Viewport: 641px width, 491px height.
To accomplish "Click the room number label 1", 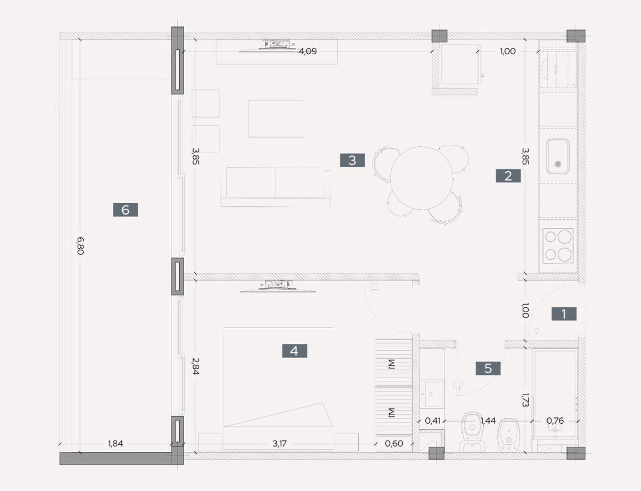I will (x=564, y=314).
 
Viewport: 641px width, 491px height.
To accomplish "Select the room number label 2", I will (x=508, y=175).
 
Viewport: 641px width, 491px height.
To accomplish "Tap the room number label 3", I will (x=352, y=160).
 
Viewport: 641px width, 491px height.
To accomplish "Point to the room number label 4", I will (x=294, y=351).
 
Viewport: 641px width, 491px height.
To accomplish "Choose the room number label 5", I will (x=488, y=368).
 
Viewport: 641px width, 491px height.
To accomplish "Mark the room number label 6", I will (x=125, y=210).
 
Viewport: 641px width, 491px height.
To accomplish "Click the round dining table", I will (x=421, y=178).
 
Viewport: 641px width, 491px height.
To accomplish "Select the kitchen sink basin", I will (x=558, y=156).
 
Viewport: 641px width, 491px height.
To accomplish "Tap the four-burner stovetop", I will (x=558, y=245).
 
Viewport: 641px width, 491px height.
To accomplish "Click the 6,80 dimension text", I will (x=80, y=245).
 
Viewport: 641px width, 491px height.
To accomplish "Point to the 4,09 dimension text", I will (x=308, y=51).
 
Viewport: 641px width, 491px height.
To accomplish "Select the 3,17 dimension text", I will (x=280, y=444).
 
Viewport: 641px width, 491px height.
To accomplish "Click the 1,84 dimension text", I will (x=115, y=444).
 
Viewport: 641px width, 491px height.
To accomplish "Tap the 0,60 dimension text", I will (x=394, y=444).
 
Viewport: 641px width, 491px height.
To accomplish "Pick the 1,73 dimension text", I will (x=525, y=400).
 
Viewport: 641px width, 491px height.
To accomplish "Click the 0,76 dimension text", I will (x=555, y=421).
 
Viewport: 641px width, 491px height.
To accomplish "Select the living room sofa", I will (x=275, y=186).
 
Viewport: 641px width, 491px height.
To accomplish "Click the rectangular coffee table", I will (x=275, y=119).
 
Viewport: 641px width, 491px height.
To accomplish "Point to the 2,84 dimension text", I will (x=195, y=366).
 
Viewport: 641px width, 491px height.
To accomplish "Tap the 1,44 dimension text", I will (x=488, y=421).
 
